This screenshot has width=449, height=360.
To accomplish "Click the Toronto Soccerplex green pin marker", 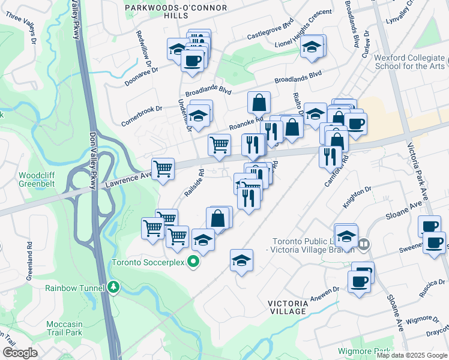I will [193, 262].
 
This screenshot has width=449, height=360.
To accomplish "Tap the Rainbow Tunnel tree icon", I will [113, 287].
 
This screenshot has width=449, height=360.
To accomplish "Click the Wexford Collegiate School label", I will [409, 62].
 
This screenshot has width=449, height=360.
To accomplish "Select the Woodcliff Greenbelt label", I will [37, 180].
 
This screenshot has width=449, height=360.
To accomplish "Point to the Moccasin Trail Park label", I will [64, 328].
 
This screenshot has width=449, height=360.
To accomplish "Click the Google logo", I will [20, 353].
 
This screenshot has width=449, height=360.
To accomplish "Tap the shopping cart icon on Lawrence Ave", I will [163, 169].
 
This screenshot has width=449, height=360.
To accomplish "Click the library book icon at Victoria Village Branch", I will [364, 244].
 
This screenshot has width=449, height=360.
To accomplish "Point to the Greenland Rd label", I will [29, 262].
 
